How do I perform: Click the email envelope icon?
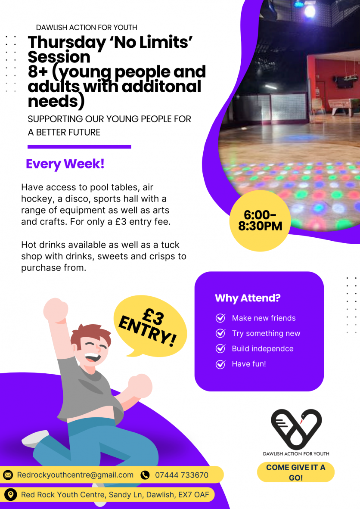(x=8, y=475)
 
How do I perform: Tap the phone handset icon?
(x=145, y=475)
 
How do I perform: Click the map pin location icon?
(x=11, y=494)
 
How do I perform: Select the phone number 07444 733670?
(x=181, y=475)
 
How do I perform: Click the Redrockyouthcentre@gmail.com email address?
(x=75, y=475)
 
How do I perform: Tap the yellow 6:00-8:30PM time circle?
(x=260, y=221)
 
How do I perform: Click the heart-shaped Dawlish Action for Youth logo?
(x=296, y=428)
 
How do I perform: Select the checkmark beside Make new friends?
(x=220, y=318)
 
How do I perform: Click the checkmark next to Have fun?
(x=220, y=364)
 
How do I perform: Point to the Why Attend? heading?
(x=248, y=298)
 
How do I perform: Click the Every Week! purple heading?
(x=65, y=164)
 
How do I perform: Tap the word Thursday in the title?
(x=67, y=43)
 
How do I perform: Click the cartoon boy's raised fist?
(x=56, y=310)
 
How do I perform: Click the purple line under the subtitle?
(x=79, y=147)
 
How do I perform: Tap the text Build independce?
(x=263, y=349)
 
